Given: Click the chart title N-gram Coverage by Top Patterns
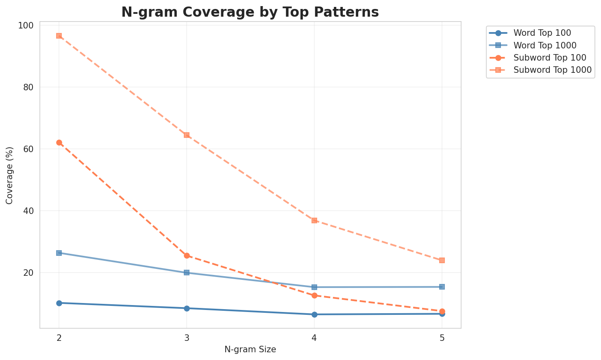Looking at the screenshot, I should (250, 12).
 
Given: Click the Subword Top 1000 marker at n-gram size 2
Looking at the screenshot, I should (59, 36).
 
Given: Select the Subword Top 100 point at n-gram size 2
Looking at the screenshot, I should (59, 142).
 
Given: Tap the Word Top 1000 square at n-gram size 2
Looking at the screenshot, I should (59, 253).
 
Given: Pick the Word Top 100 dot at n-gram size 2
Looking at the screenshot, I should (59, 303).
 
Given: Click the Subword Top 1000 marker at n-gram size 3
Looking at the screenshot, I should (187, 135).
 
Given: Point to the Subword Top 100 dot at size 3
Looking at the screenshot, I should (187, 256).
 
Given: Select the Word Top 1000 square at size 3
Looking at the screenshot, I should (187, 273).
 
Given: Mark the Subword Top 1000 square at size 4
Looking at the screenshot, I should (314, 220).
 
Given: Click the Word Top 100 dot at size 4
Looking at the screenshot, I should (314, 314).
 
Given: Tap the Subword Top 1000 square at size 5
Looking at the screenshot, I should (442, 260).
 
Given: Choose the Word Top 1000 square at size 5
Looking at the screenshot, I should (442, 287).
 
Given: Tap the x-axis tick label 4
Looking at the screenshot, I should (314, 338).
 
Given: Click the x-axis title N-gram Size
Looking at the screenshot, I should (250, 349).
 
